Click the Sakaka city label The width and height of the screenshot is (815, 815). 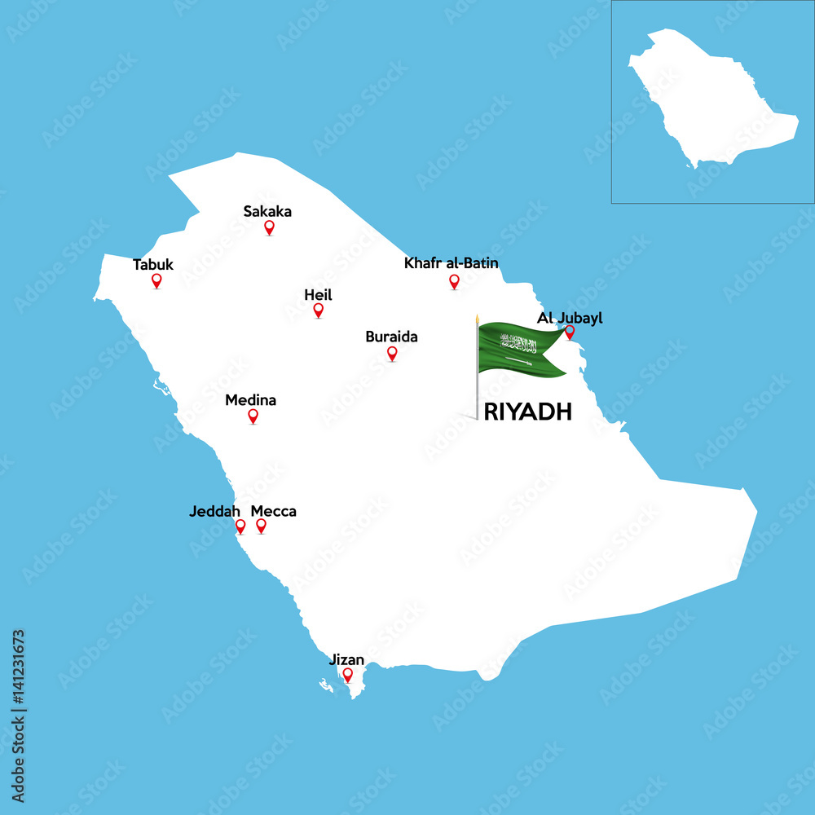click(x=267, y=212)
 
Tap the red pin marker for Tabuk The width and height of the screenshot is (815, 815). click(x=156, y=280)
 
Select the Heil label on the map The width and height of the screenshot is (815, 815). click(x=318, y=295)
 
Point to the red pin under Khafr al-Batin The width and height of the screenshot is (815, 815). click(x=454, y=280)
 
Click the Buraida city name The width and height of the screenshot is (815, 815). click(x=391, y=336)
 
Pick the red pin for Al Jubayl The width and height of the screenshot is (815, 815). click(x=570, y=331)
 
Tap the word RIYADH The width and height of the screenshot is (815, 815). click(x=527, y=412)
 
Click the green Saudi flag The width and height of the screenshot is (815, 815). click(x=520, y=350)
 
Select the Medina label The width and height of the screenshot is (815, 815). click(x=250, y=400)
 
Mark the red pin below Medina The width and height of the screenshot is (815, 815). click(x=253, y=416)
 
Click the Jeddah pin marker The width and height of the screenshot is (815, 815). click(x=240, y=526)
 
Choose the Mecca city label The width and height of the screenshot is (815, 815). click(x=274, y=511)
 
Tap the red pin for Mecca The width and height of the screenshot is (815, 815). click(x=261, y=526)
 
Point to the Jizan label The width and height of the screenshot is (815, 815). click(x=346, y=659)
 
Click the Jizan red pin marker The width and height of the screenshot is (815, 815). click(x=347, y=674)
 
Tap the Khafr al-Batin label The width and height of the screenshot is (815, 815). click(x=452, y=262)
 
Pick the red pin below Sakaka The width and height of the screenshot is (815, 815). click(x=269, y=227)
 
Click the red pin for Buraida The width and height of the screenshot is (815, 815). click(x=392, y=352)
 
